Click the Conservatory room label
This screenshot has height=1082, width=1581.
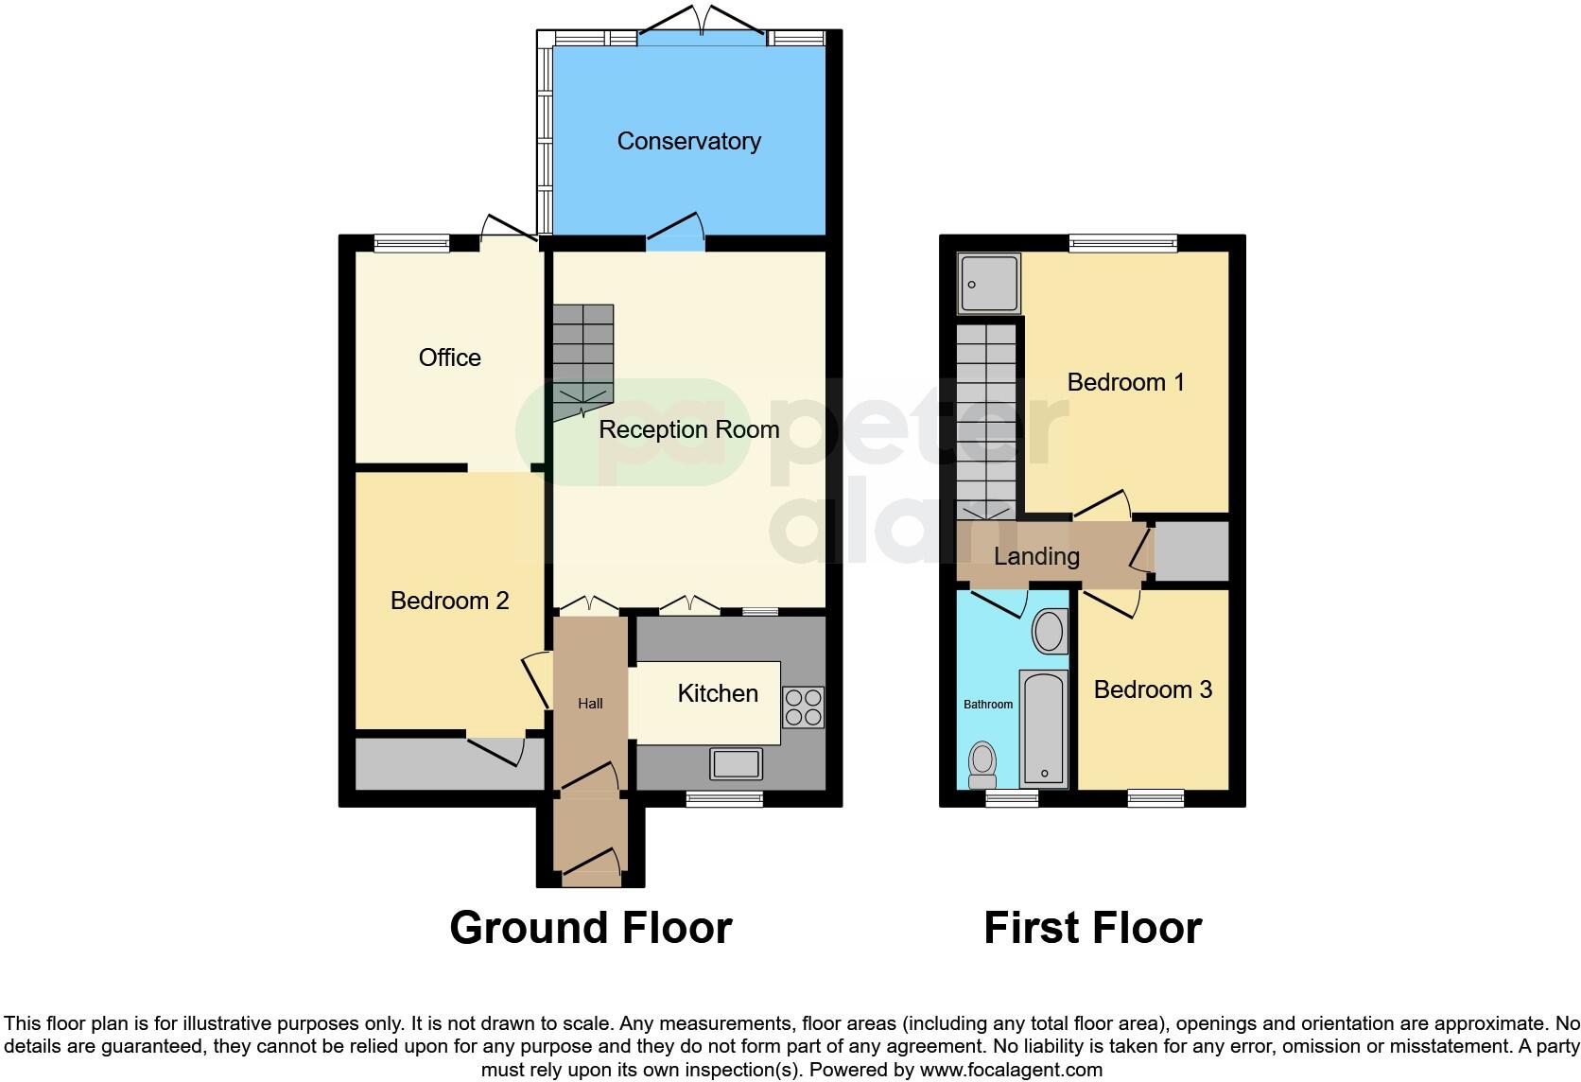688,141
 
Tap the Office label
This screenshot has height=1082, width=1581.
449,358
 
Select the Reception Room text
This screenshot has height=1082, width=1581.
688,429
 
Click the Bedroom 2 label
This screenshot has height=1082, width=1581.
449,601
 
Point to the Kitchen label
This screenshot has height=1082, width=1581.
717,693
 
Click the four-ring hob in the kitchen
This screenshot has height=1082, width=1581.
803,707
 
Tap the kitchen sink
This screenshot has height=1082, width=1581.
737,762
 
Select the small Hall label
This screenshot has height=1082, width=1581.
590,704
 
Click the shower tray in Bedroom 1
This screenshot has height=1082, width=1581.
989,283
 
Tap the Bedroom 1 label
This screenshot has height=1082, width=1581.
1125,382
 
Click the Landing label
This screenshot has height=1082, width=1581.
1036,556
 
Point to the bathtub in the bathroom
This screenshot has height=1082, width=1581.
1044,728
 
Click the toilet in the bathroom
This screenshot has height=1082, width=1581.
983,764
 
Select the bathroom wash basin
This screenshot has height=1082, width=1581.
1048,631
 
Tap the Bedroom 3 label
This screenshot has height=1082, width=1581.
1153,689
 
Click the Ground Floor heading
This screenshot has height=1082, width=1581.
590,928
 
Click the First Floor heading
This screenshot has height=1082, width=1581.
1092,928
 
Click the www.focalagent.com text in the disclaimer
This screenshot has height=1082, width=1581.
1011,1071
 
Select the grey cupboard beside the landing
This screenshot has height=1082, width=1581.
1191,551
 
